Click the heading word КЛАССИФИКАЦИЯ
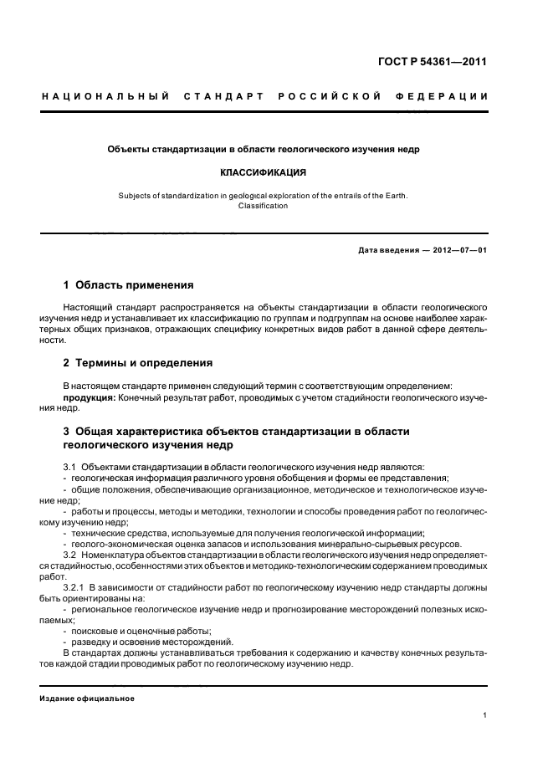[x=263, y=173]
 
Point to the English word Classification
[x=263, y=206]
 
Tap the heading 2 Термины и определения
[x=138, y=363]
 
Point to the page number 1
[x=485, y=715]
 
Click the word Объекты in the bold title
[x=127, y=150]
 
